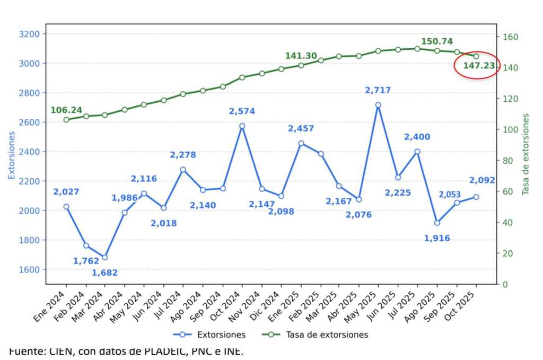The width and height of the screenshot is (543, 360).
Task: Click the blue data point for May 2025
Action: tap(378, 105)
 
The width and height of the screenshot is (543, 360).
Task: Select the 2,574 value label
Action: tap(242, 111)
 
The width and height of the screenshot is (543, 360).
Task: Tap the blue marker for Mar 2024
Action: tap(105, 257)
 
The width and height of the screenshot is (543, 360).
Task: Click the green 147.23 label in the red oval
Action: tap(479, 66)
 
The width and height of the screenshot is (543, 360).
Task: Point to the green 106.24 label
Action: tap(66, 110)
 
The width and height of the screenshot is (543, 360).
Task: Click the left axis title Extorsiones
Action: tap(12, 155)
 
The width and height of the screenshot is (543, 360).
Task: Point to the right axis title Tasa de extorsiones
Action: tap(526, 154)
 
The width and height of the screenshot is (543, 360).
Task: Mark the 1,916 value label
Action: tap(437, 239)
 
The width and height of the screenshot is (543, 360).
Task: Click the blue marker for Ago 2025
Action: tap(437, 223)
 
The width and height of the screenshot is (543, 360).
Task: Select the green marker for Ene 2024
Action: tap(66, 120)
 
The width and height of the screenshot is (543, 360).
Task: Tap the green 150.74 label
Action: tap(437, 41)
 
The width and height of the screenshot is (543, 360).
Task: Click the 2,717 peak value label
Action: tap(378, 91)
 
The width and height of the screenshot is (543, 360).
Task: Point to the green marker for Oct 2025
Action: tap(476, 56)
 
